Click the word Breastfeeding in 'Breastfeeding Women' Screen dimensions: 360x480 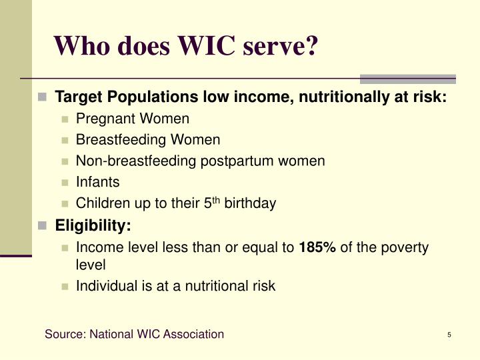coord(121,140)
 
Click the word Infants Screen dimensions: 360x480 coord(97,181)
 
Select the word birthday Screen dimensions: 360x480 coord(250,203)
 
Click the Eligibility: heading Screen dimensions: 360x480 coord(93,226)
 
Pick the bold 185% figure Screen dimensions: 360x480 coord(317,248)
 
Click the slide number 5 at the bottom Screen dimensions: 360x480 coord(450,335)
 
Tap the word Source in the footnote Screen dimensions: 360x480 coord(64,334)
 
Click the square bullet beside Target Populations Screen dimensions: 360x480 coord(42,97)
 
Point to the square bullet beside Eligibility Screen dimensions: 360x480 coord(42,226)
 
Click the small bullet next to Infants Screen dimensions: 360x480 coord(65,182)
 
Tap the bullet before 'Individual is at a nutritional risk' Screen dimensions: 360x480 coord(65,287)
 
